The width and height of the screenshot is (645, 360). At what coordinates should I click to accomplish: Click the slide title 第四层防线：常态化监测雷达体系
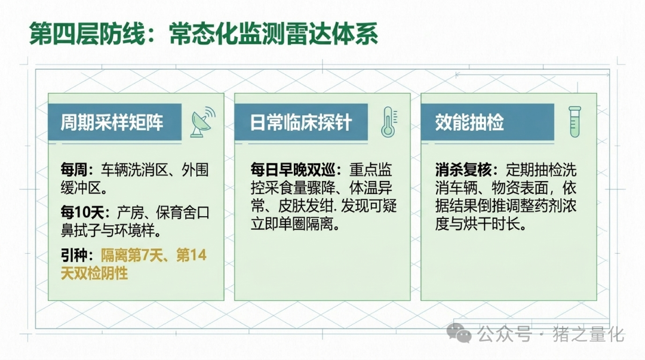click(x=203, y=33)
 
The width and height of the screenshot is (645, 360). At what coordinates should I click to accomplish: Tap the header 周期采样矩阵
click(x=112, y=122)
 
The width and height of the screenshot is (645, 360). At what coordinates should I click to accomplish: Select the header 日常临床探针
click(x=300, y=122)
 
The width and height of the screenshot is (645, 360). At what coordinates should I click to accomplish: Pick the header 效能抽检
click(x=469, y=122)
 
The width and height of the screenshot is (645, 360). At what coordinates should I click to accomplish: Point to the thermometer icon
click(x=389, y=122)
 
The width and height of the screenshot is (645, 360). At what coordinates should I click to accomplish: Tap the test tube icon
click(x=575, y=122)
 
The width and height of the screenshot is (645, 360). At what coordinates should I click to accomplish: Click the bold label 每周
click(x=74, y=170)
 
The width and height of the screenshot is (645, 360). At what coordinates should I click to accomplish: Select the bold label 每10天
click(x=82, y=213)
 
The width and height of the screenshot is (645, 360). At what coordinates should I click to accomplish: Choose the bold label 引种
click(x=74, y=255)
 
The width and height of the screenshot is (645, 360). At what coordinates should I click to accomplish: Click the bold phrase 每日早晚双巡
click(x=293, y=170)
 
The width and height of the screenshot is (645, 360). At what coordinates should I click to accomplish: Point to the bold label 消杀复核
click(x=463, y=170)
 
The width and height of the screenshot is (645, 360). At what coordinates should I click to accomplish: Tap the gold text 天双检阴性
click(x=94, y=273)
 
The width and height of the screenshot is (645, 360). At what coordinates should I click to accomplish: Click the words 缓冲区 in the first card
click(x=81, y=188)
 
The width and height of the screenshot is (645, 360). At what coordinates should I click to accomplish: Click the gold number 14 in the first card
click(x=198, y=255)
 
